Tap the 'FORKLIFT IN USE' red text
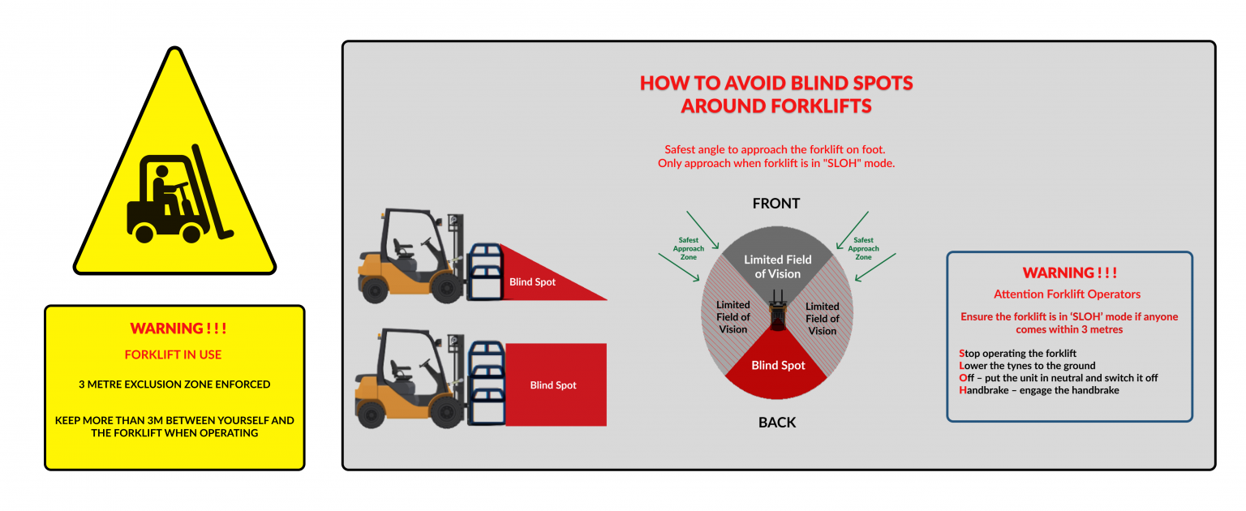click(x=173, y=354)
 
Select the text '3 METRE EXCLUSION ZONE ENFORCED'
click(x=174, y=384)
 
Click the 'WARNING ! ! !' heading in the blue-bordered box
click(x=1069, y=273)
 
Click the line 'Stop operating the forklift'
click(x=1017, y=353)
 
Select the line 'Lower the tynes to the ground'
click(x=1027, y=365)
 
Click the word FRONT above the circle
click(x=776, y=204)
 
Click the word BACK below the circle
click(x=777, y=422)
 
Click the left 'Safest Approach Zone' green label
click(x=688, y=248)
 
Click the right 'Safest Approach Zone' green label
click(x=863, y=248)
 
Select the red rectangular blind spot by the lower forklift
click(x=555, y=384)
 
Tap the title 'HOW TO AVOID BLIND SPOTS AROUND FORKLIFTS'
click(x=776, y=94)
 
